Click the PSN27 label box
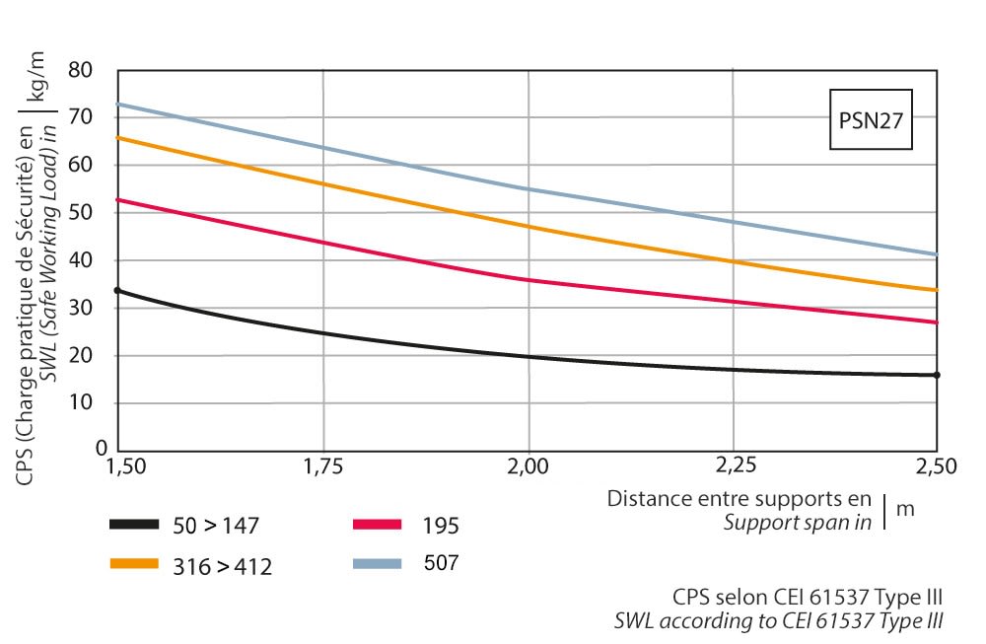click(x=868, y=121)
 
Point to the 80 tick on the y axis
click(x=94, y=71)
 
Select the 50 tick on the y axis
click(x=94, y=213)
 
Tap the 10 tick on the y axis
click(x=94, y=402)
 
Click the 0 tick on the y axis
click(x=100, y=449)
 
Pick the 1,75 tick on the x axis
click(x=323, y=465)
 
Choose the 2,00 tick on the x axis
click(x=528, y=465)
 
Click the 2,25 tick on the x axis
click(x=733, y=465)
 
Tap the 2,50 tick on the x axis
click(x=937, y=465)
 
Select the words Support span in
click(x=797, y=523)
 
